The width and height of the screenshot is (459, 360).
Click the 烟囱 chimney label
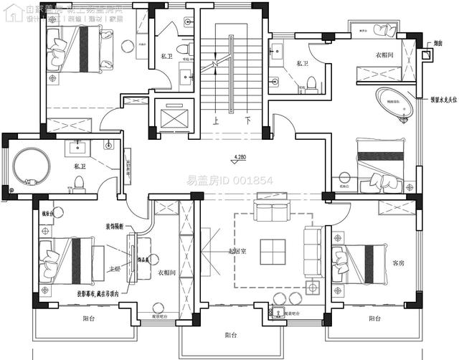437,44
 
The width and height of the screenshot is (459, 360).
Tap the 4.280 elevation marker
240,156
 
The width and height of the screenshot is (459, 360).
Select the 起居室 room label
237,251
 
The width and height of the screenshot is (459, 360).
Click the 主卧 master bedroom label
114,269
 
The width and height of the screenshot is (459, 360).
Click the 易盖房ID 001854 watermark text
229,180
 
